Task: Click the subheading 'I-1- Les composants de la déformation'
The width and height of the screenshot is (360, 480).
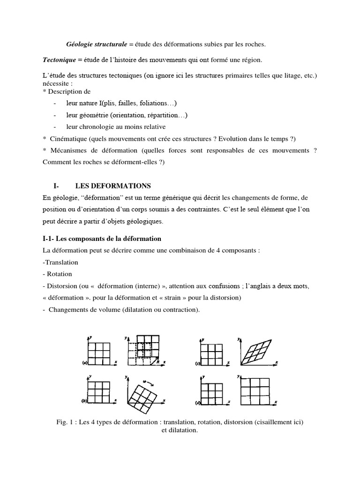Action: point(102,239)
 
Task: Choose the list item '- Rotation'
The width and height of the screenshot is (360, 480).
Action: point(57,274)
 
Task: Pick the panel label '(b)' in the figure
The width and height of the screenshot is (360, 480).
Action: point(84,402)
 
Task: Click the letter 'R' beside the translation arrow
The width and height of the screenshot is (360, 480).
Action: point(158,361)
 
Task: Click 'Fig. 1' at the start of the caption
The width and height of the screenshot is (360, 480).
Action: point(64,422)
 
